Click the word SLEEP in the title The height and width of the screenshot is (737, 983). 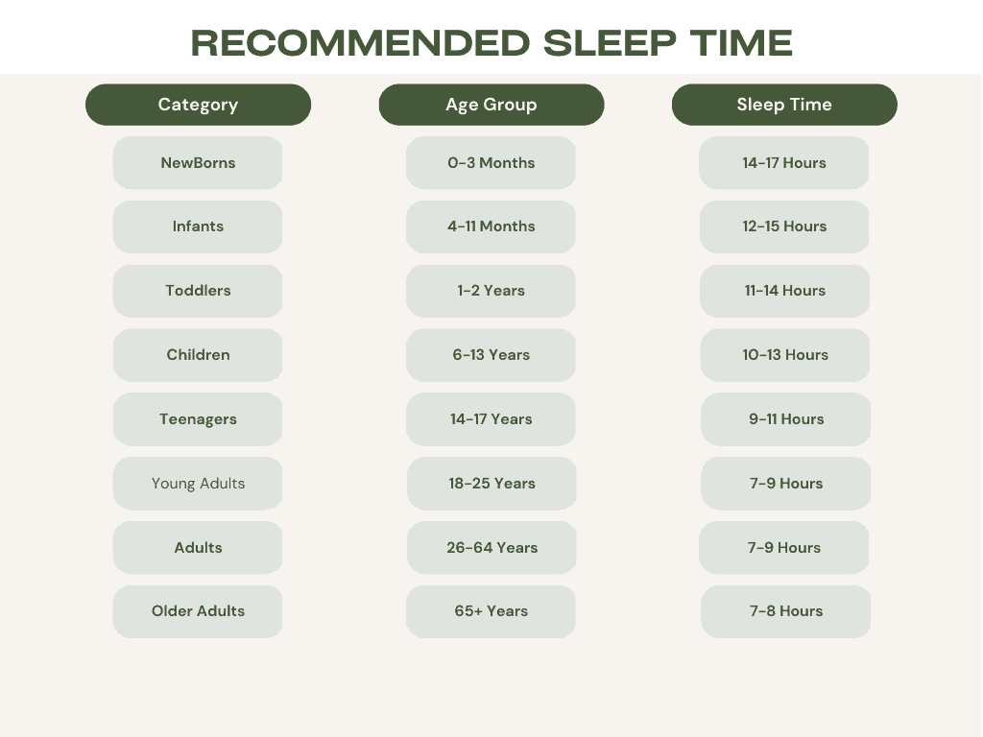[x=610, y=42]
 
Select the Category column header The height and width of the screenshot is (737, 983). [x=198, y=105]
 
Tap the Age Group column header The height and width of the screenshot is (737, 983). [x=491, y=105]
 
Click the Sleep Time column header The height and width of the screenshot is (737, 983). [x=784, y=105]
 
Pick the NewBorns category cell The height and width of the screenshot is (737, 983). [x=198, y=163]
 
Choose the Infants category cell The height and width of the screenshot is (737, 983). [x=198, y=226]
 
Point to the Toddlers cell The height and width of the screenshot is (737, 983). [x=198, y=291]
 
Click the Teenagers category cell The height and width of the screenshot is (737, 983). [x=198, y=419]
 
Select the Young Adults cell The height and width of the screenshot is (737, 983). [x=198, y=484]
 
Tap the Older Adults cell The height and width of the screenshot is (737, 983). [x=198, y=611]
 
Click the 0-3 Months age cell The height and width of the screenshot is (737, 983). [x=491, y=163]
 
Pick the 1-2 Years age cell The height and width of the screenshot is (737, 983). [x=491, y=291]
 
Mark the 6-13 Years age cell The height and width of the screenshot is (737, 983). [x=491, y=355]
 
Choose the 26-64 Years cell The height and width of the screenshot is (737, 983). [x=491, y=548]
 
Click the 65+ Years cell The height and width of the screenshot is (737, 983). [x=491, y=611]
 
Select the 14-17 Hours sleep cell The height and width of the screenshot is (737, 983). [x=783, y=163]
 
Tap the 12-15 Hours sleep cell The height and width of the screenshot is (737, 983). [x=784, y=226]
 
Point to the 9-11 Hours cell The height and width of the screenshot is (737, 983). [x=785, y=419]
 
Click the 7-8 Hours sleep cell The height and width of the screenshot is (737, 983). [x=785, y=611]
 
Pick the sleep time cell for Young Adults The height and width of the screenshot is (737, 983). [x=785, y=484]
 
